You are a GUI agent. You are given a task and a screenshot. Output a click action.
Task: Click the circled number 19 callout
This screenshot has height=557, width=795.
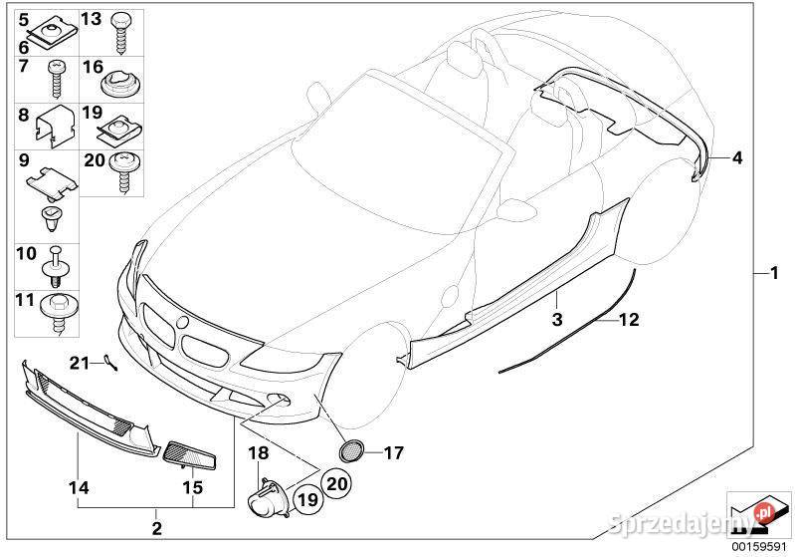[x=307, y=499]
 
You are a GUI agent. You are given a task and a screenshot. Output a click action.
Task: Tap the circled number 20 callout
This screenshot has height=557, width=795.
[x=337, y=483]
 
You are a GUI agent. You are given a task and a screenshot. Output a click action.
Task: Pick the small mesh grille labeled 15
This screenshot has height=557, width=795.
[x=190, y=455]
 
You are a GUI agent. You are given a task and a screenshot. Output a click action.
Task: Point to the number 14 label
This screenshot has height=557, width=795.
[x=79, y=487]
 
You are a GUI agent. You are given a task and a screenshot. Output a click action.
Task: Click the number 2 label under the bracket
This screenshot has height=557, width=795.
[x=156, y=528]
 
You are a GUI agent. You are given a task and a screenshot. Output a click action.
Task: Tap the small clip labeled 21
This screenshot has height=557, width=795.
[x=109, y=362]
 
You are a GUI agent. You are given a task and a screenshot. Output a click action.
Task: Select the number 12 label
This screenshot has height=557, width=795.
[x=629, y=320]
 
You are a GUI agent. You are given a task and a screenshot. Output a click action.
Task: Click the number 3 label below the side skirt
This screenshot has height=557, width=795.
[x=557, y=320]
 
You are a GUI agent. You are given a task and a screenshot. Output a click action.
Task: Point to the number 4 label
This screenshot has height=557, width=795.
[x=737, y=157]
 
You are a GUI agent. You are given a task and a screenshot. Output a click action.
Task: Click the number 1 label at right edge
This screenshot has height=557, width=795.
[x=774, y=273]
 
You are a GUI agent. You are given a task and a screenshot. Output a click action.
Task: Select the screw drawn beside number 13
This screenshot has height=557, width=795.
[x=121, y=33]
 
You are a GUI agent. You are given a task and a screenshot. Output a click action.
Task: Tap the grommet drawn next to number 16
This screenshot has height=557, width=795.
[x=121, y=84]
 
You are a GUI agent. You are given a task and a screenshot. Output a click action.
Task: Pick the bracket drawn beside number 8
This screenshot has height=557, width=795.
[x=55, y=126]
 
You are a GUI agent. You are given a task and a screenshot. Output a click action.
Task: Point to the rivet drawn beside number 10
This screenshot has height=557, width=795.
[x=57, y=268]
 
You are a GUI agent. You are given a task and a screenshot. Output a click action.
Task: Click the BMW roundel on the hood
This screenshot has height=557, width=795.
[x=181, y=322]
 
